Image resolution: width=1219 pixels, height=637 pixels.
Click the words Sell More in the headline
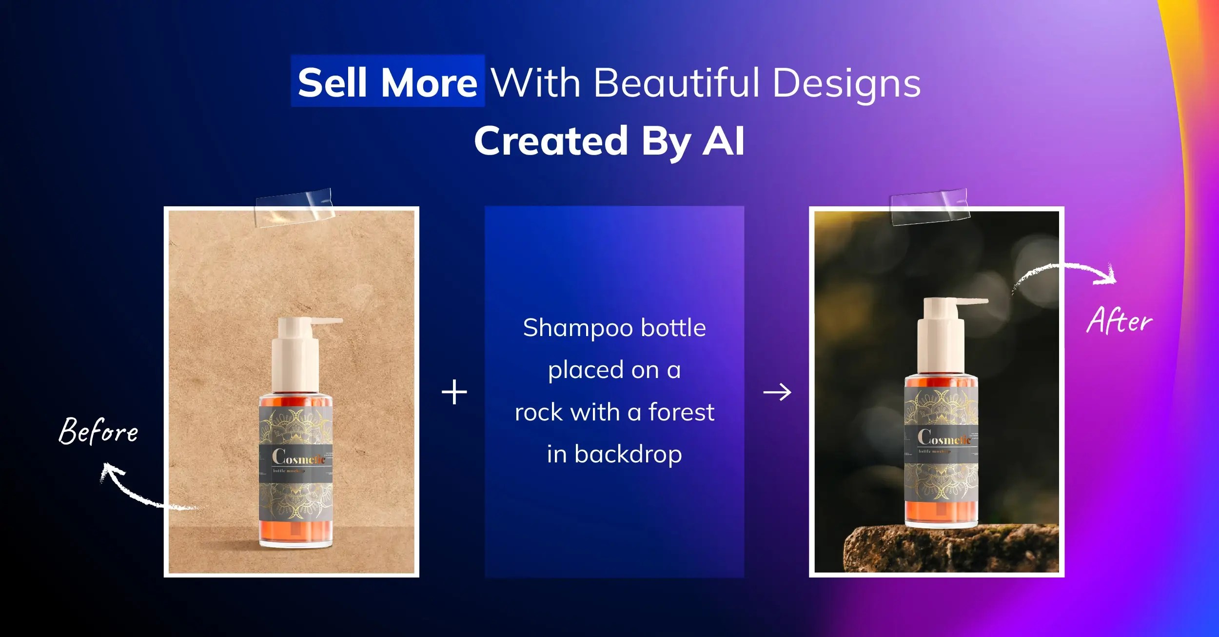388,82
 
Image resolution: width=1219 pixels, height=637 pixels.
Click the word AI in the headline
724,141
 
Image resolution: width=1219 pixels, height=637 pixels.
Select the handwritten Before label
98,431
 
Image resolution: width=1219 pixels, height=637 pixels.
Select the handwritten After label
1120,320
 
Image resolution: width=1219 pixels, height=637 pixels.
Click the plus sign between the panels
454,392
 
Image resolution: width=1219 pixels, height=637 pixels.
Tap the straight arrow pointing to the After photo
777,392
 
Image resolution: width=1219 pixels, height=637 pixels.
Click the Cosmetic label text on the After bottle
944,438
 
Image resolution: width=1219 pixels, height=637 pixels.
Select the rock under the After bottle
951,548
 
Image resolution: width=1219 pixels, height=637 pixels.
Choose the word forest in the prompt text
681,412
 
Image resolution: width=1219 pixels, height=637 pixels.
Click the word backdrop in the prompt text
628,455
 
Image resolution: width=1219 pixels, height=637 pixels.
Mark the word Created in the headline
551,141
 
